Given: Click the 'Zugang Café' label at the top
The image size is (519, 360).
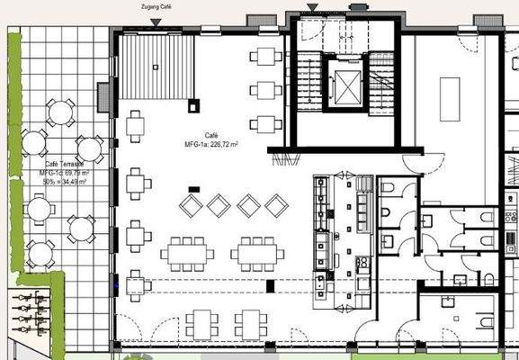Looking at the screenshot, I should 157,6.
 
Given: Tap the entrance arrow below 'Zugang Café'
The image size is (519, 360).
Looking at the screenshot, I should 157,21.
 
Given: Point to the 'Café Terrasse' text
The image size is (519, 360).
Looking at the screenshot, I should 63,164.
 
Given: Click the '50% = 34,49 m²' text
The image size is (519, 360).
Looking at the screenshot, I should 64,182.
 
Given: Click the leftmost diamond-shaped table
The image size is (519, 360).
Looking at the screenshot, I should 191,205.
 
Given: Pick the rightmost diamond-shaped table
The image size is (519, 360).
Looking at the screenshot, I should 276,205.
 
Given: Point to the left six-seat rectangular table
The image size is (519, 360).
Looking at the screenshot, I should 187,253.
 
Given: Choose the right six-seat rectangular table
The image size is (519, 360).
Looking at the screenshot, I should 257,253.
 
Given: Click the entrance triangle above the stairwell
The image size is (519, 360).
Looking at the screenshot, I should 312,7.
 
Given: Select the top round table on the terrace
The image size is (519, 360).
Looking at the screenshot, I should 60,112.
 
